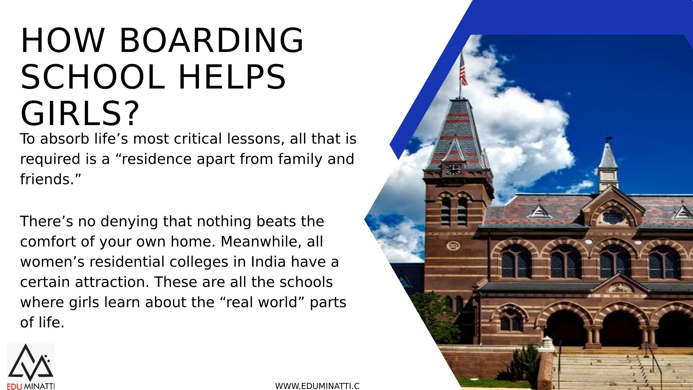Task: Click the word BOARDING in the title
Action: click(x=212, y=40)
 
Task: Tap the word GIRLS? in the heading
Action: click(x=80, y=113)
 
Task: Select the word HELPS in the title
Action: click(x=232, y=77)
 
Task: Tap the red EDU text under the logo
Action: click(x=14, y=386)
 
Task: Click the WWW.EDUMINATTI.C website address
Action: click(x=317, y=386)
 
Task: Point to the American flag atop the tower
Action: click(x=463, y=71)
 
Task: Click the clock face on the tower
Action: click(x=453, y=169)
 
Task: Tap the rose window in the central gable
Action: click(x=613, y=217)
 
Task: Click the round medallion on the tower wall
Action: click(x=453, y=246)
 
